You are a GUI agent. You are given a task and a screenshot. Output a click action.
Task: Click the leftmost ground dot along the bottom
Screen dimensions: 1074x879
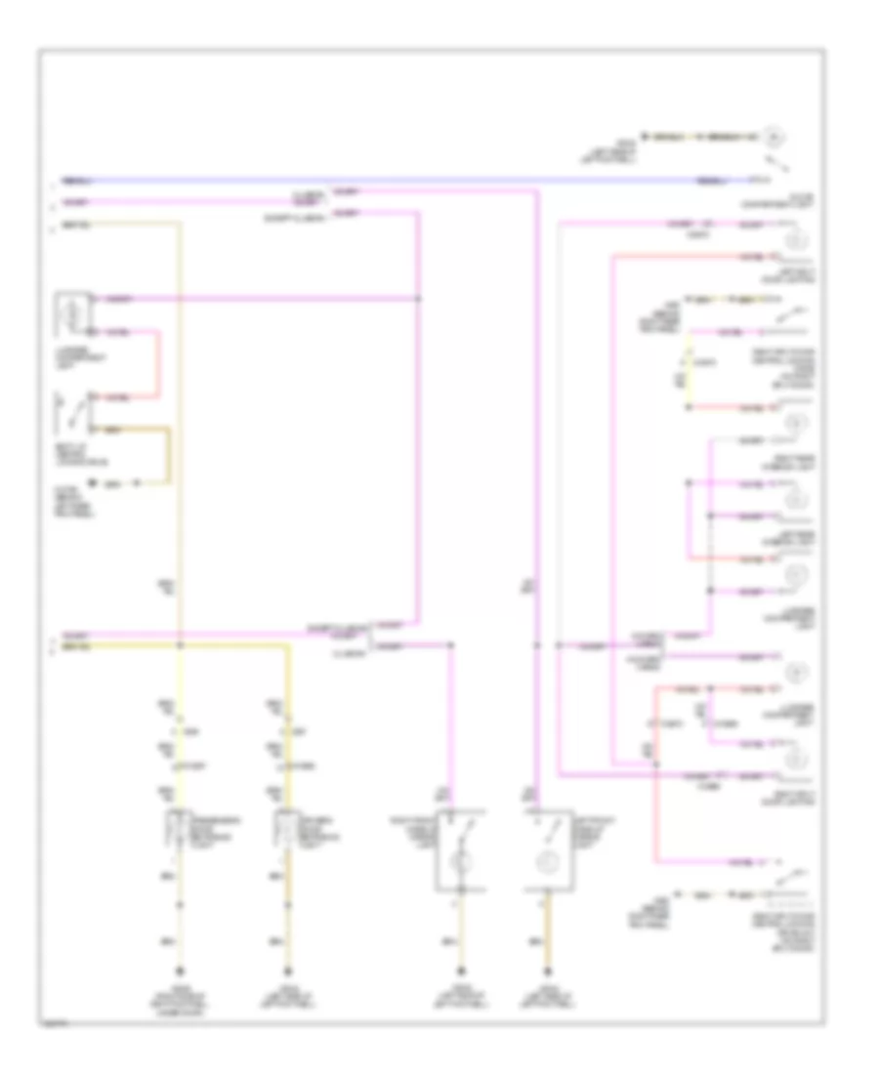tap(179, 971)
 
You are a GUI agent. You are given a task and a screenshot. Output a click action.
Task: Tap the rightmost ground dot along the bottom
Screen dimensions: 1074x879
tap(545, 971)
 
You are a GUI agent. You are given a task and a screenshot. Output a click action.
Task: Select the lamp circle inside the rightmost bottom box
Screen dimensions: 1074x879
tap(547, 863)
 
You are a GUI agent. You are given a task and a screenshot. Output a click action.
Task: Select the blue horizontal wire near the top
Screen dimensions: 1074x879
tap(391, 181)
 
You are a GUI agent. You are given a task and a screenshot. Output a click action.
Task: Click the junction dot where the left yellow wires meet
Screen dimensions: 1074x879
tap(179, 645)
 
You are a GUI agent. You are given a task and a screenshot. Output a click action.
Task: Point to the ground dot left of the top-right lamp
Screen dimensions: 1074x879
tap(646, 135)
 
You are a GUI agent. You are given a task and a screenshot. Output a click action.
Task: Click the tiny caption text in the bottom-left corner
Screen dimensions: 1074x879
tap(51, 1026)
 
